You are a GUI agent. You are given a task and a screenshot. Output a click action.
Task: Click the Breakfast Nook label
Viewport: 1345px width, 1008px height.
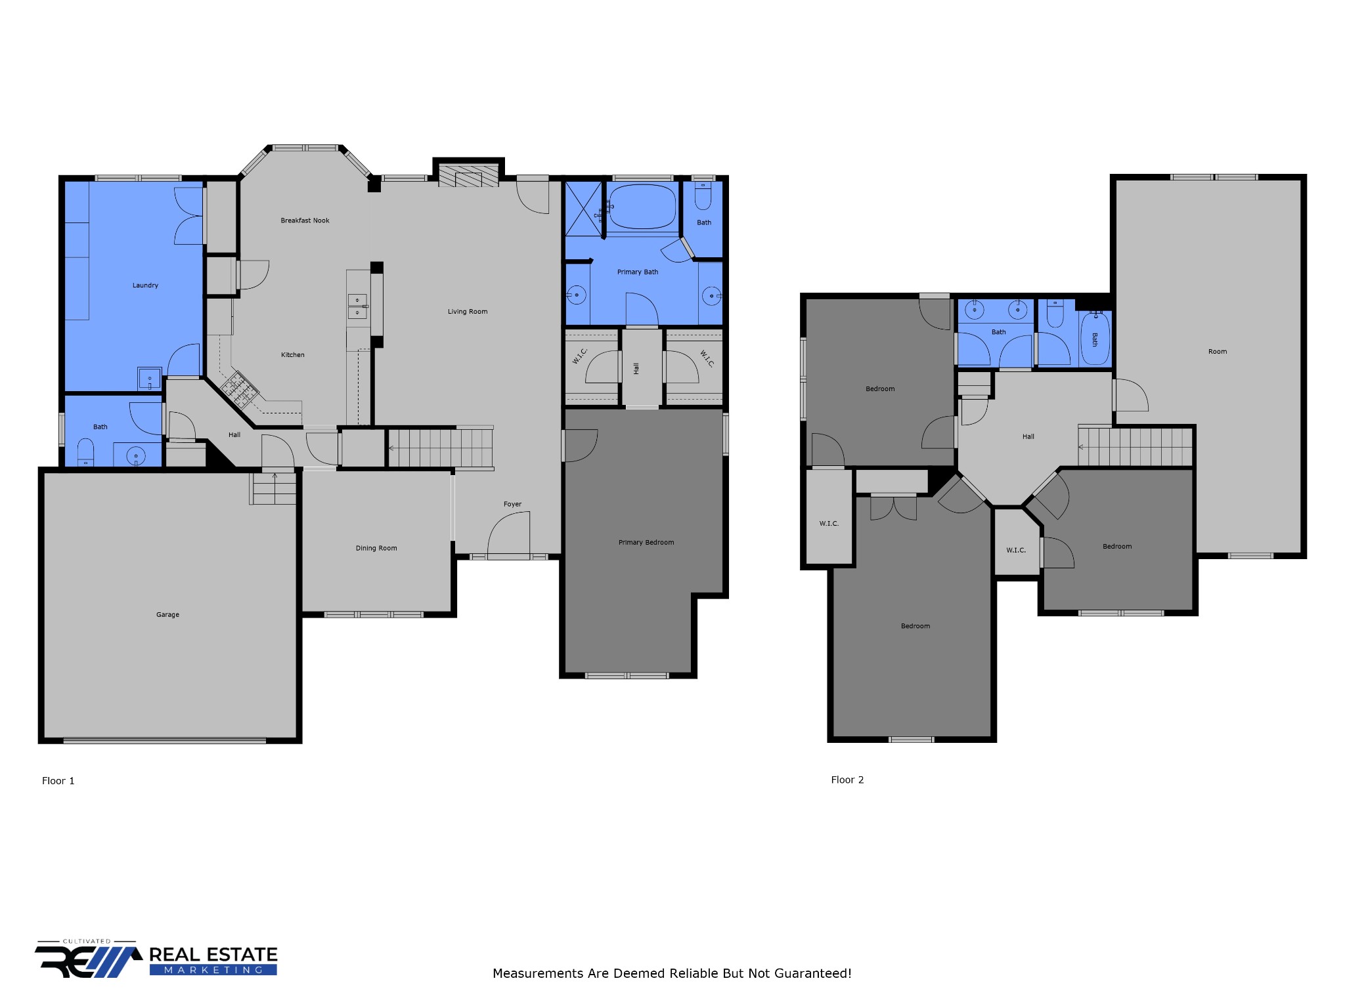pos(305,220)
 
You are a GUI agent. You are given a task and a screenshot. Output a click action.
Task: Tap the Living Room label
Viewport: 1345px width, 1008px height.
pos(468,312)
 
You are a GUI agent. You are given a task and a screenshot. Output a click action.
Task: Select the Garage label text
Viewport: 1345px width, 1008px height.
pos(167,615)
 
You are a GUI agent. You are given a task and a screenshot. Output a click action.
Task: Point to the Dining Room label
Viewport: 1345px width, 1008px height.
pos(376,548)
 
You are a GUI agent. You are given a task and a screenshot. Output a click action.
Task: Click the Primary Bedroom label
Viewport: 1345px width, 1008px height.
pos(646,542)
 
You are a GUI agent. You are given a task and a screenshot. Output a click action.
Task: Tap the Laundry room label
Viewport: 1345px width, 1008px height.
pos(145,285)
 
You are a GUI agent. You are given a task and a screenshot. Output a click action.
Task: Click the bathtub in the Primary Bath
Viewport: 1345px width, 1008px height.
pos(642,207)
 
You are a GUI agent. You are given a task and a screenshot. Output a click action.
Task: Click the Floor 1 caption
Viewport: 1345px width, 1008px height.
pos(58,781)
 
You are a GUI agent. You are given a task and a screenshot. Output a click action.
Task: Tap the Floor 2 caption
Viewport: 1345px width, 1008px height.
pos(847,780)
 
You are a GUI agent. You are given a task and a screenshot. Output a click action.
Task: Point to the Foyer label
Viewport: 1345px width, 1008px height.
pos(512,504)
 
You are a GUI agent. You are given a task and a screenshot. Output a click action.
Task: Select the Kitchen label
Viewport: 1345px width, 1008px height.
pos(293,355)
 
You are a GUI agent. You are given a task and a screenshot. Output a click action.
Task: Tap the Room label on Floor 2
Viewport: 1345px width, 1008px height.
pos(1218,352)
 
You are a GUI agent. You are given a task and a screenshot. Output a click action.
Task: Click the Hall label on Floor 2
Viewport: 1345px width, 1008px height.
pos(1028,436)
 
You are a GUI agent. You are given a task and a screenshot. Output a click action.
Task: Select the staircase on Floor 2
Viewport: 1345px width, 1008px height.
pos(1136,447)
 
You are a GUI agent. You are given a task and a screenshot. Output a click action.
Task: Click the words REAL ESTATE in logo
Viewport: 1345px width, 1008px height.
pos(213,954)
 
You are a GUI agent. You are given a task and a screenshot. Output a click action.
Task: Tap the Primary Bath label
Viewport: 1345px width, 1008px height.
pos(638,272)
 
